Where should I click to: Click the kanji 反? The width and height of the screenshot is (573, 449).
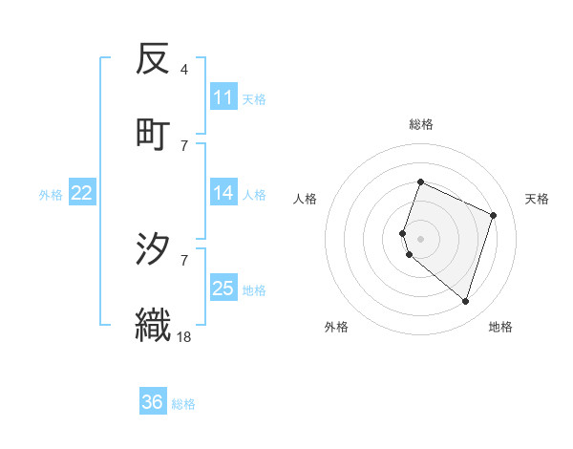click(x=153, y=60)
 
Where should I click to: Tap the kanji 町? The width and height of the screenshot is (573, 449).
click(x=153, y=134)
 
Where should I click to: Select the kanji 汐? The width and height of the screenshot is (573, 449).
click(x=153, y=251)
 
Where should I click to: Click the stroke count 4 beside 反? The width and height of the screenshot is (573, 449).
click(x=183, y=70)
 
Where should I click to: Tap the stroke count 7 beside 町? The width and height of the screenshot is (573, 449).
click(x=183, y=145)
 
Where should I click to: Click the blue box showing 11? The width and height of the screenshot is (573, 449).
click(x=223, y=97)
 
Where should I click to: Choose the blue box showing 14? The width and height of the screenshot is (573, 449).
click(x=223, y=193)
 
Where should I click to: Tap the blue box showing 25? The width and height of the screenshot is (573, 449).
click(x=223, y=289)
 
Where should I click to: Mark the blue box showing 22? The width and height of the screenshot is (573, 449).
click(x=82, y=193)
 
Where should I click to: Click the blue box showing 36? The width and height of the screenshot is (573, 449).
click(x=152, y=402)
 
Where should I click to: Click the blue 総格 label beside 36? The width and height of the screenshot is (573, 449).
click(x=184, y=404)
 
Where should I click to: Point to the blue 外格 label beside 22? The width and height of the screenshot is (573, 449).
click(x=51, y=195)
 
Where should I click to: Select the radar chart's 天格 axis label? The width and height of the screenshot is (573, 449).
click(x=537, y=199)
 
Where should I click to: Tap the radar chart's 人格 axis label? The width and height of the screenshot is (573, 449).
click(x=306, y=199)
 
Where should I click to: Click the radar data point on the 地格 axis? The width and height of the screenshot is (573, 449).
click(x=465, y=302)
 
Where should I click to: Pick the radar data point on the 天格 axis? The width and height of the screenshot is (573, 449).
click(x=494, y=215)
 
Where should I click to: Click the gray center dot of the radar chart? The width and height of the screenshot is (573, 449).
click(x=421, y=238)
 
